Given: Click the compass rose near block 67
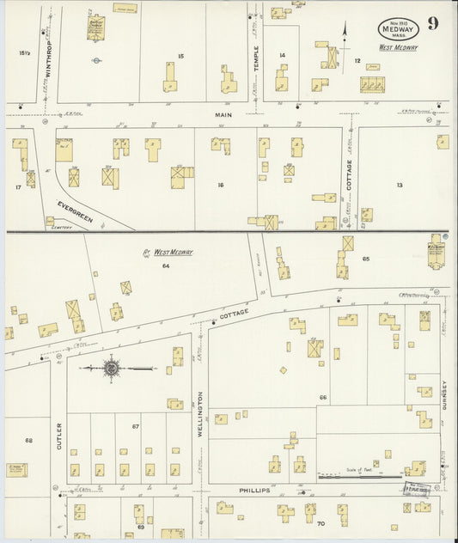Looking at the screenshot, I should tap(112, 369).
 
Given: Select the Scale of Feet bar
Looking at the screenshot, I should tap(360, 475).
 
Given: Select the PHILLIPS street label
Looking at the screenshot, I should tap(255, 491).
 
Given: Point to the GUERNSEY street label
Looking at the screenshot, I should tap(445, 394).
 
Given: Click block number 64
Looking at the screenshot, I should tap(166, 267).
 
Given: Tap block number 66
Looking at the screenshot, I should tap(323, 398).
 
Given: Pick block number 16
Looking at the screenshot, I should tap(220, 185).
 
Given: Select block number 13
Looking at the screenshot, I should tap(399, 185).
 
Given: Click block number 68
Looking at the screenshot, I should tap(28, 440).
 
